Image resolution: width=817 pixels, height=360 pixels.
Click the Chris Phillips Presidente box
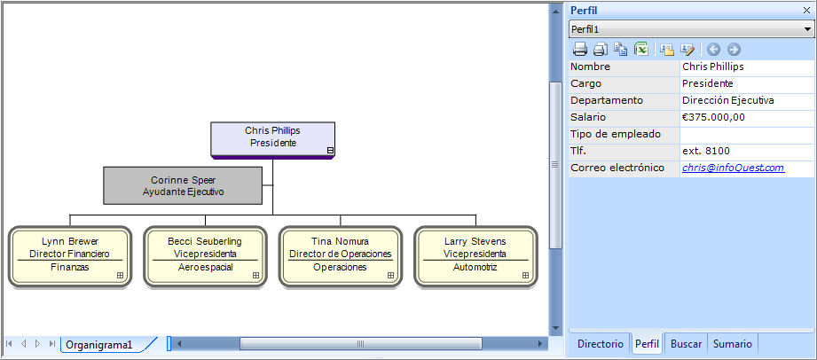pos(272,137)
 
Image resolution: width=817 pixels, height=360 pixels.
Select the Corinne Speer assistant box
pos(183,185)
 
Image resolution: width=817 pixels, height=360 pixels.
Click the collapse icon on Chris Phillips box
pos(330,151)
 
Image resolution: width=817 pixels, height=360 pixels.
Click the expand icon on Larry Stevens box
pos(526,276)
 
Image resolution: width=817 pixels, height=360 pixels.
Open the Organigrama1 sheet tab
pos(99,344)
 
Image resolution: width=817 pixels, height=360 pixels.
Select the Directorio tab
pos(600,344)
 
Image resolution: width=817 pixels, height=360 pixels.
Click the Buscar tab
pos(686,344)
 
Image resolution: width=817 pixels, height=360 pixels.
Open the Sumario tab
pos(732,344)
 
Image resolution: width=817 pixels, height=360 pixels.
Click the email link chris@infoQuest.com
pos(733,168)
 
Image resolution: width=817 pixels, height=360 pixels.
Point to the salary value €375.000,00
pos(713,117)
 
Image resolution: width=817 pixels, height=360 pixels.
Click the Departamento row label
pos(607,100)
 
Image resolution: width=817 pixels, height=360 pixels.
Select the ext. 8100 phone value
pos(705,151)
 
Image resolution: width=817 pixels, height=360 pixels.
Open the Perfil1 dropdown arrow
pos(807,29)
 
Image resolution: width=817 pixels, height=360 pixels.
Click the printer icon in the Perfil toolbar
pos(579,50)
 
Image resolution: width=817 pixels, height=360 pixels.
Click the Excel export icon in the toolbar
pos(641,50)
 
